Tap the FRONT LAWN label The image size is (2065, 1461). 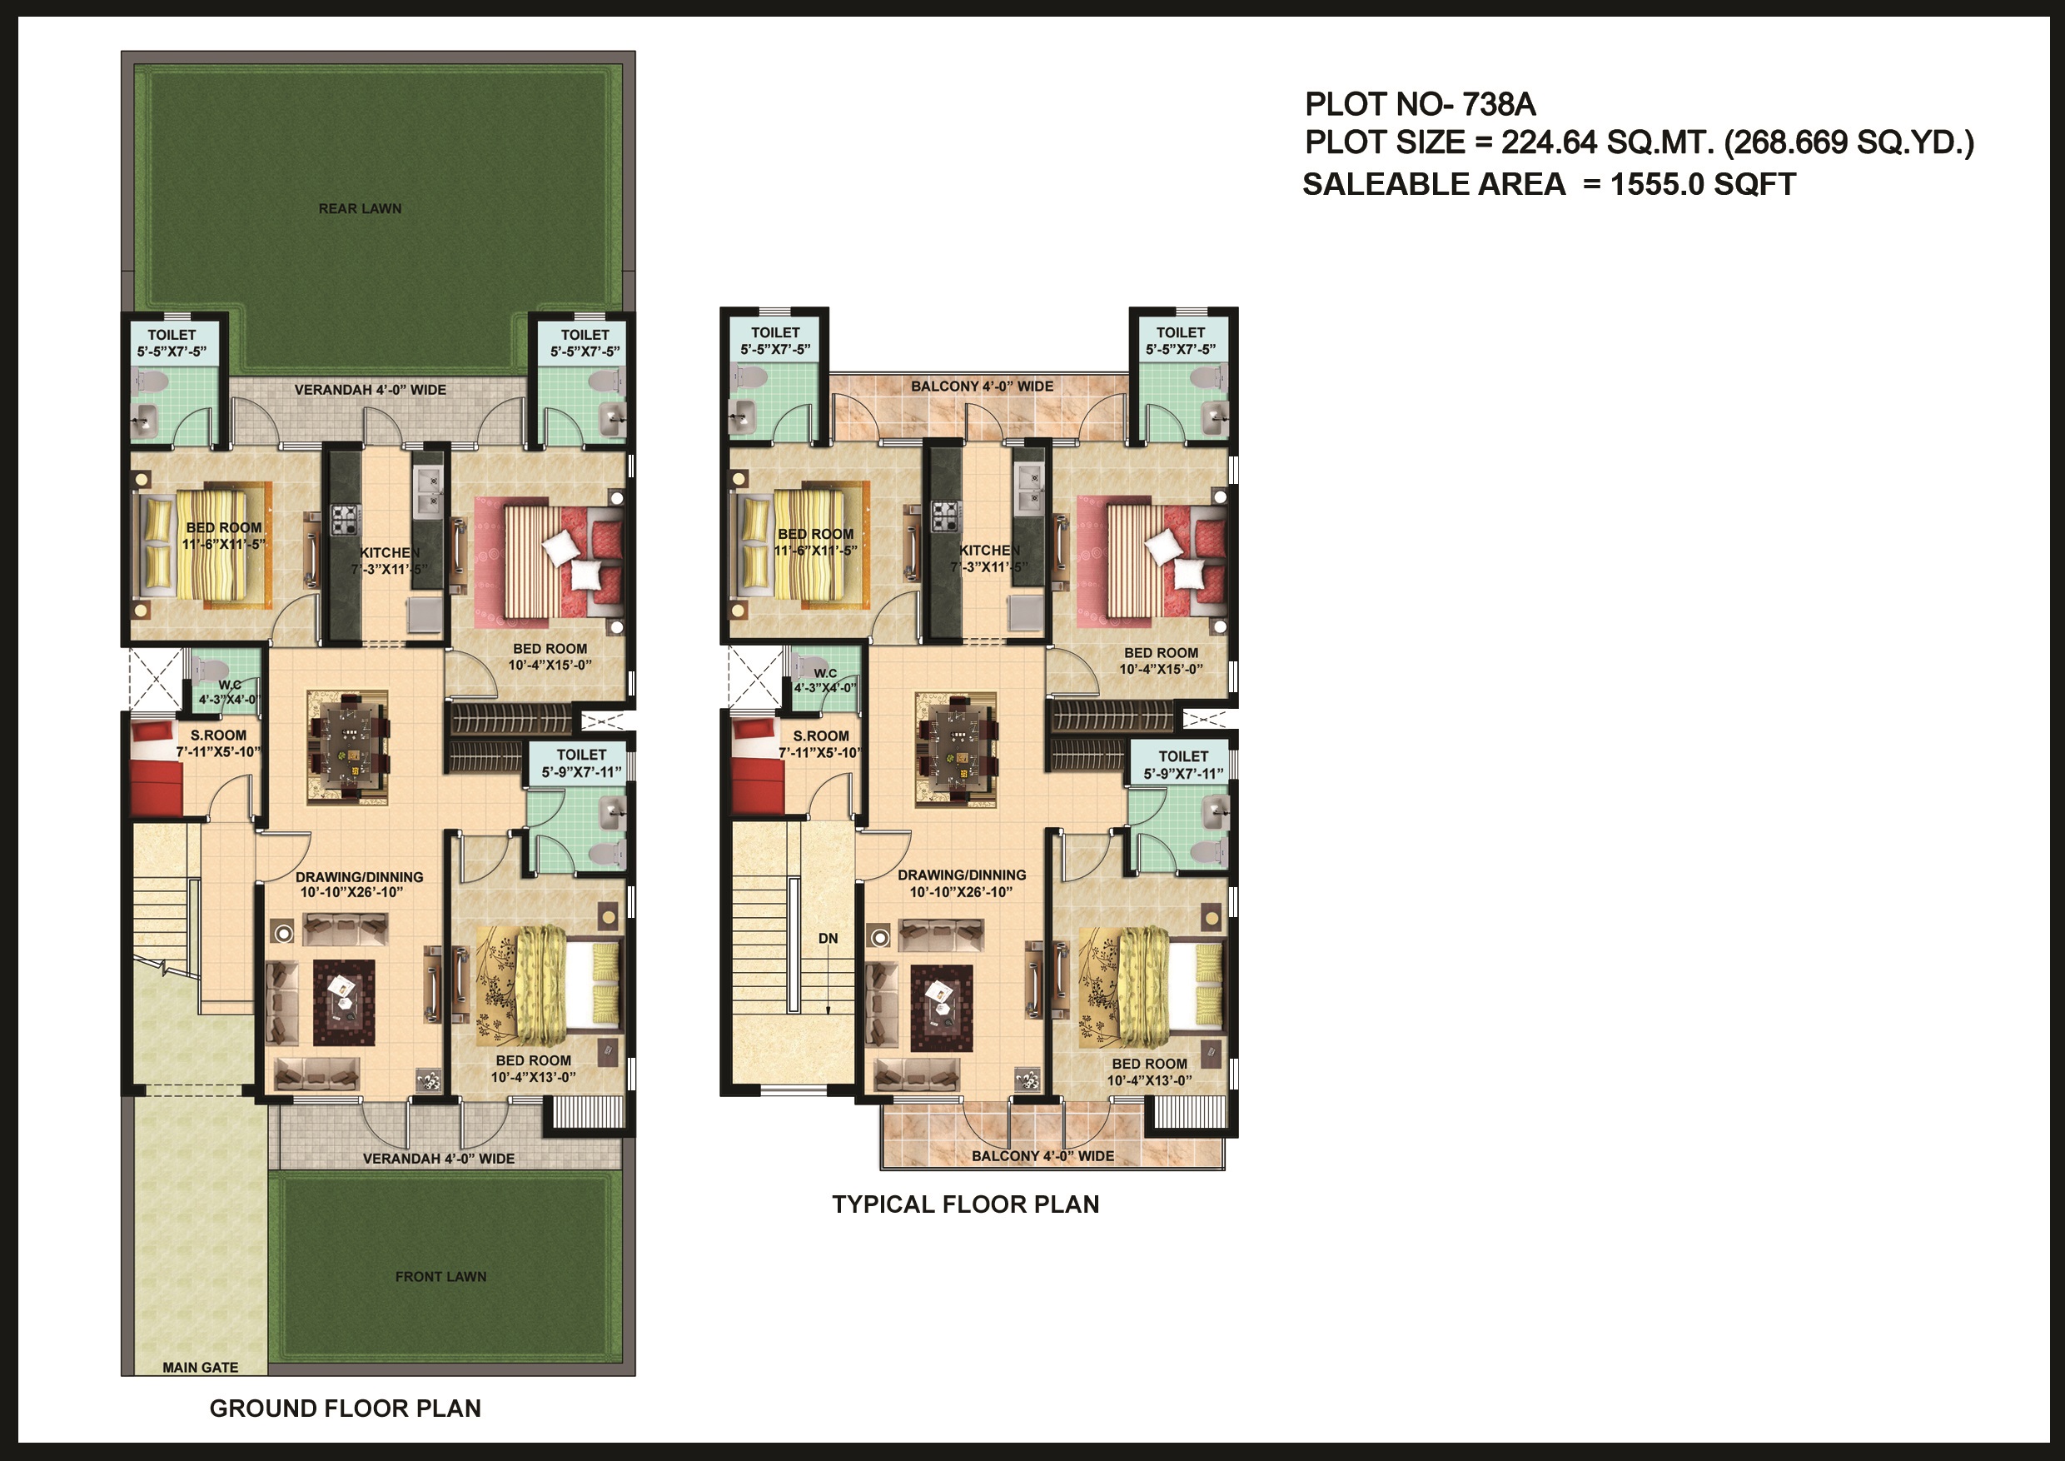(440, 1277)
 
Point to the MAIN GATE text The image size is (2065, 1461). (200, 1368)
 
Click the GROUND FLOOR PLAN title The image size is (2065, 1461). (345, 1408)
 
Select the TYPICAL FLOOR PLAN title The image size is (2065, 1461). (965, 1204)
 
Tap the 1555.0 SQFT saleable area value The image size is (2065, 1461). (1703, 184)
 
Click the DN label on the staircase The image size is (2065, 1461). (828, 938)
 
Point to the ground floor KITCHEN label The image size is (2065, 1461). (390, 552)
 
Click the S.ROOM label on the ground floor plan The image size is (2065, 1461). (217, 735)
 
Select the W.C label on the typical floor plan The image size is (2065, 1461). (824, 673)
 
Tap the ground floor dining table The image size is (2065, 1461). (347, 746)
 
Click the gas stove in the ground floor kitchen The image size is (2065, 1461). (345, 519)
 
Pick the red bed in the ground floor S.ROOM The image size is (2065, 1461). (157, 774)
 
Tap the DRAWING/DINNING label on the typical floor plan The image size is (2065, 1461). (962, 875)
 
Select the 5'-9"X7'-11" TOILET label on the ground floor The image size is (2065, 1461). (581, 763)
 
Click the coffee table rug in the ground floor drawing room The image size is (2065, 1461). (344, 1002)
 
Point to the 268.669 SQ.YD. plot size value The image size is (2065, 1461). (1849, 142)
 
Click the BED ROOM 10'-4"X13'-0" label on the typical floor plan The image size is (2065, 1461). (1148, 1071)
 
